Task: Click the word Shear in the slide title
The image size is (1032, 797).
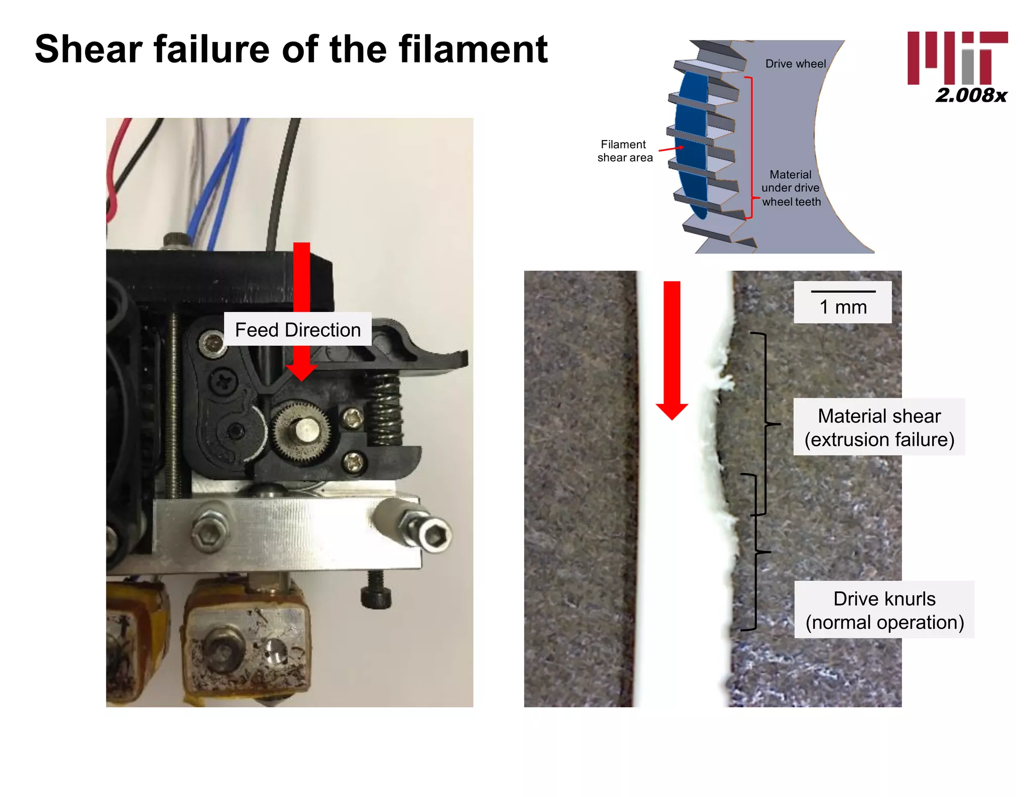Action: click(89, 49)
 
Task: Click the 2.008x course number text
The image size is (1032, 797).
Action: click(971, 95)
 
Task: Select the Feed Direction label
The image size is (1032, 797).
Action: click(298, 329)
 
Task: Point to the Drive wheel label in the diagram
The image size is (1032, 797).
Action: click(795, 64)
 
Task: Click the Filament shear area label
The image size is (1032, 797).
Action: click(624, 151)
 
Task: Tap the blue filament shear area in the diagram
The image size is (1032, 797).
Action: click(691, 146)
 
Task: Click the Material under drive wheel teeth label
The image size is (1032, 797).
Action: click(791, 188)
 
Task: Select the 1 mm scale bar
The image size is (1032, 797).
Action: click(843, 292)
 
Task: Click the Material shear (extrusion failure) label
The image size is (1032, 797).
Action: click(879, 427)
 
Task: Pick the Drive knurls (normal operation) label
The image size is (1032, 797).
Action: click(884, 610)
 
